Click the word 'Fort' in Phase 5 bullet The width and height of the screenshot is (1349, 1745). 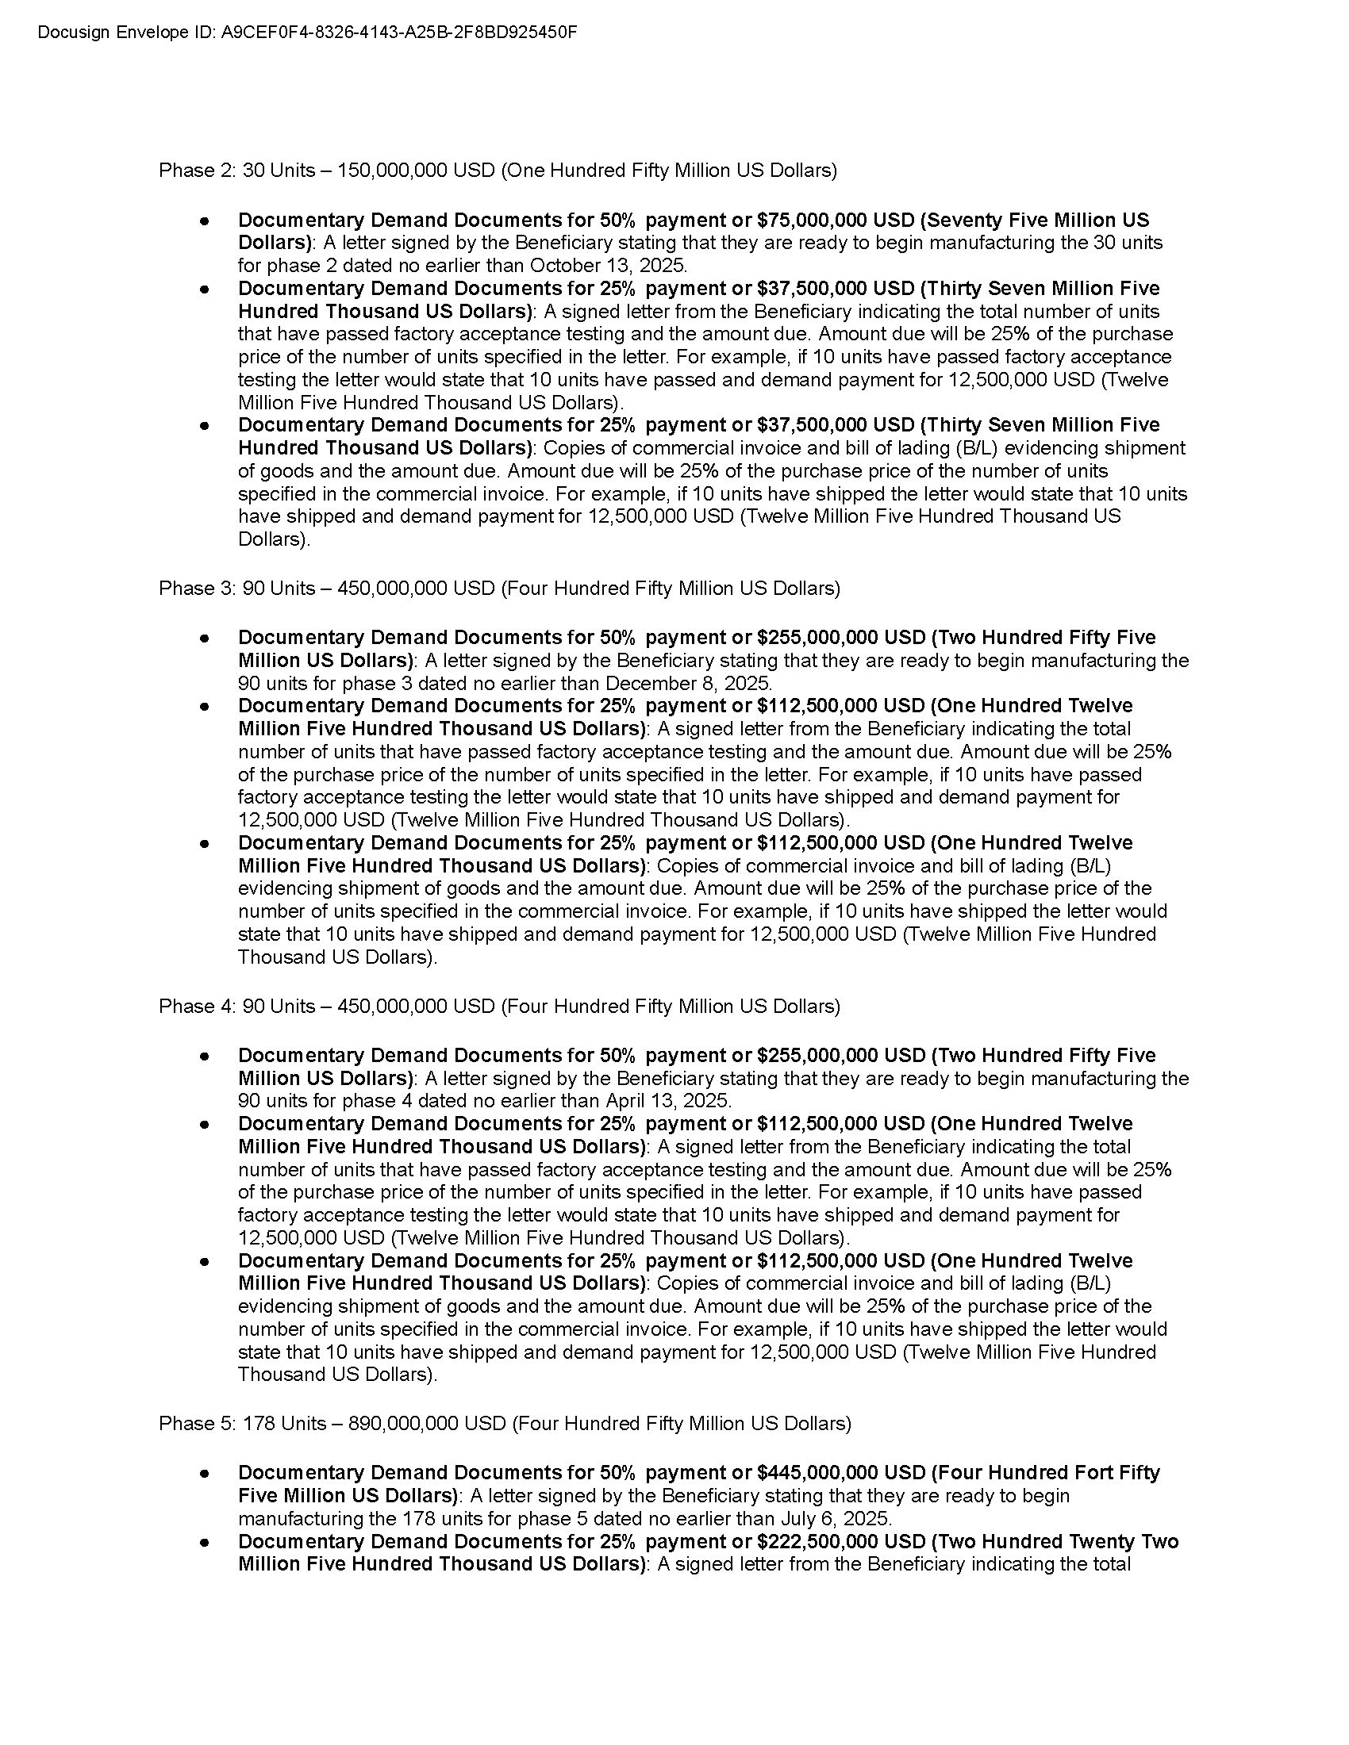click(x=1093, y=1473)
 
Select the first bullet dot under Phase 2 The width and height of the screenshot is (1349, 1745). click(x=206, y=220)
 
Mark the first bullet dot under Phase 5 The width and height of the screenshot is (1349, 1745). click(x=206, y=1473)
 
